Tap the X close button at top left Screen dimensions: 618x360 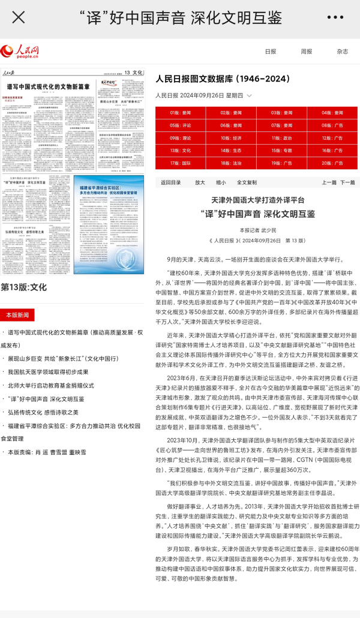[19, 17]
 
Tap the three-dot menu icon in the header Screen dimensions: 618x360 [339, 17]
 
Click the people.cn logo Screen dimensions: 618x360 [20, 52]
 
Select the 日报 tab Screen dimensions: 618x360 [271, 52]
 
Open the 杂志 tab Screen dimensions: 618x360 [342, 52]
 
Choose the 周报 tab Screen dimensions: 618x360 [307, 52]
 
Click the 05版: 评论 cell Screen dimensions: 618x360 [180, 125]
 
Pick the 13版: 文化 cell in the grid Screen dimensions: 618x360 [180, 151]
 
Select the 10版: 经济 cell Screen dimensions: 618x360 [231, 138]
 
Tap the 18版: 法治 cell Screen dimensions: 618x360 [231, 163]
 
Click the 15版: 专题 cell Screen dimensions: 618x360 [281, 151]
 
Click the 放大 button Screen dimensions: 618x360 [200, 182]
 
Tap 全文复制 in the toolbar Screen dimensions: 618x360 [247, 182]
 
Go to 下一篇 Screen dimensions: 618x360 [347, 182]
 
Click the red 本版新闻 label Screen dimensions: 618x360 [17, 315]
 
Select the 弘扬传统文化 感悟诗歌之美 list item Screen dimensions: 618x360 [43, 412]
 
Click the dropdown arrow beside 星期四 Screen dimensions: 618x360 [249, 95]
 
